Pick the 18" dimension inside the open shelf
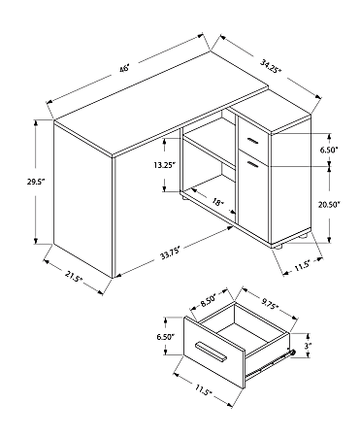(x=217, y=203)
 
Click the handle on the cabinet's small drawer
(x=254, y=142)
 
